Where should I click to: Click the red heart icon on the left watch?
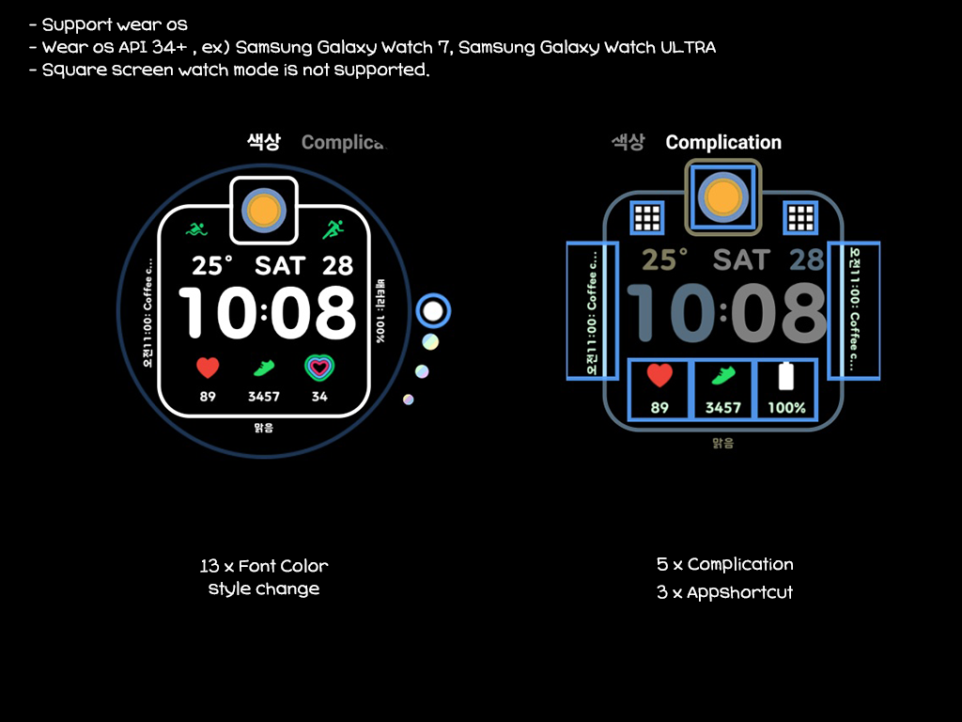208,368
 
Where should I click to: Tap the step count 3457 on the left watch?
264,397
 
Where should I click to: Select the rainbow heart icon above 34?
319,368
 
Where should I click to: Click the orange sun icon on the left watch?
264,209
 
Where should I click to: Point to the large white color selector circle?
433,311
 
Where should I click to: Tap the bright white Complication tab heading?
723,142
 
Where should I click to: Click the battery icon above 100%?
786,376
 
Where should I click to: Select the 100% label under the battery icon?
786,408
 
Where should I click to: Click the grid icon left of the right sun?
646,218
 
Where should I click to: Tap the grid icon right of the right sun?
800,218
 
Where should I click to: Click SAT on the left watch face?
280,265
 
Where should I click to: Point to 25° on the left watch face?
213,265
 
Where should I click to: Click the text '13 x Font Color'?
264,566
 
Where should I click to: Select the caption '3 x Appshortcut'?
724,592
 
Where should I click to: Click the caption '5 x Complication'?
724,564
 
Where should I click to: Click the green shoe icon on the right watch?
722,376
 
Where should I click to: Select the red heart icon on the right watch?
659,376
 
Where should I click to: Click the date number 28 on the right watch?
806,259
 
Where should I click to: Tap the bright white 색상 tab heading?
264,142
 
